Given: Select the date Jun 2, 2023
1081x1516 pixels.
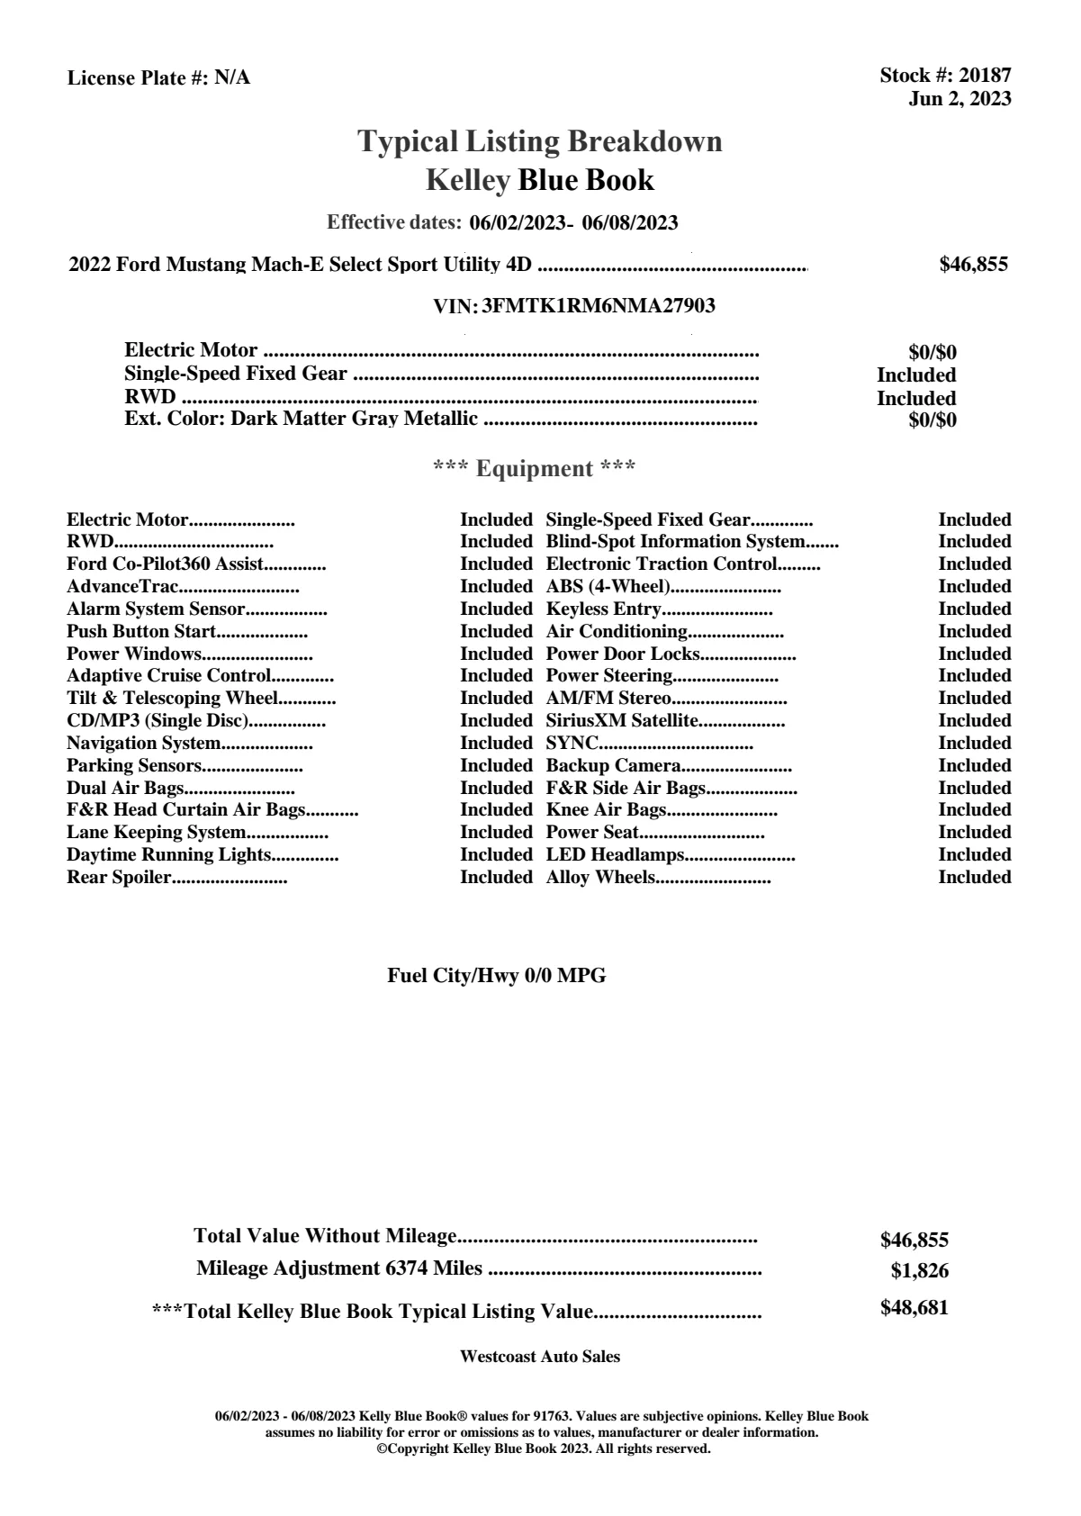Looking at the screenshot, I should pos(959,99).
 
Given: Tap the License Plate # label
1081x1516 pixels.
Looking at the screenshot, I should pos(139,78).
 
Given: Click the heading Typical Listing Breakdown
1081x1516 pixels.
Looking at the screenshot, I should pos(540,141).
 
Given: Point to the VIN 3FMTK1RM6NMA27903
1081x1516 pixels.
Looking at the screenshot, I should pos(599,306).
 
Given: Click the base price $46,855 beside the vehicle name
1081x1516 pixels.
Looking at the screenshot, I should pos(973,265).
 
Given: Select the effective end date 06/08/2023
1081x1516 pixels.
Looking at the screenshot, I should pos(630,222).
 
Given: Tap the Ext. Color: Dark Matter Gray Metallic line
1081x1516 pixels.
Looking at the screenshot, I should pos(302,419).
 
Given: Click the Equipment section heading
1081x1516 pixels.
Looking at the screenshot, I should pos(535,468).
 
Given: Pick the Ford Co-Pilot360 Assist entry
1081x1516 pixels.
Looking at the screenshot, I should pos(166,564).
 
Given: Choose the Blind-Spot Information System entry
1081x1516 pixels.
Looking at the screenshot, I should pos(675,542).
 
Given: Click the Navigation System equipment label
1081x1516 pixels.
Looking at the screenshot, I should pos(144,744).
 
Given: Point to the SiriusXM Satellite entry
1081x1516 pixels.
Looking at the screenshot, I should pos(623,721).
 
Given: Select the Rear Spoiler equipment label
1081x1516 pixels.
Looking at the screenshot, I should pos(119,878).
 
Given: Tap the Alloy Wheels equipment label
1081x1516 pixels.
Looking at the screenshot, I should pos(600,878).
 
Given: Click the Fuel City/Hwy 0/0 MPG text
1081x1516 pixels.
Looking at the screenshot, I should pos(496,976).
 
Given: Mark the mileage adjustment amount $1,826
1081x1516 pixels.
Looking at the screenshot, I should pos(920,1271).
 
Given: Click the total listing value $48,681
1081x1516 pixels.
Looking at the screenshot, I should pos(914,1308).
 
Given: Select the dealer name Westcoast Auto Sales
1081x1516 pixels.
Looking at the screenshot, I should pos(539,1357).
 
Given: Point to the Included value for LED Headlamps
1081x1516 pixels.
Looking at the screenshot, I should pos(974,855).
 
